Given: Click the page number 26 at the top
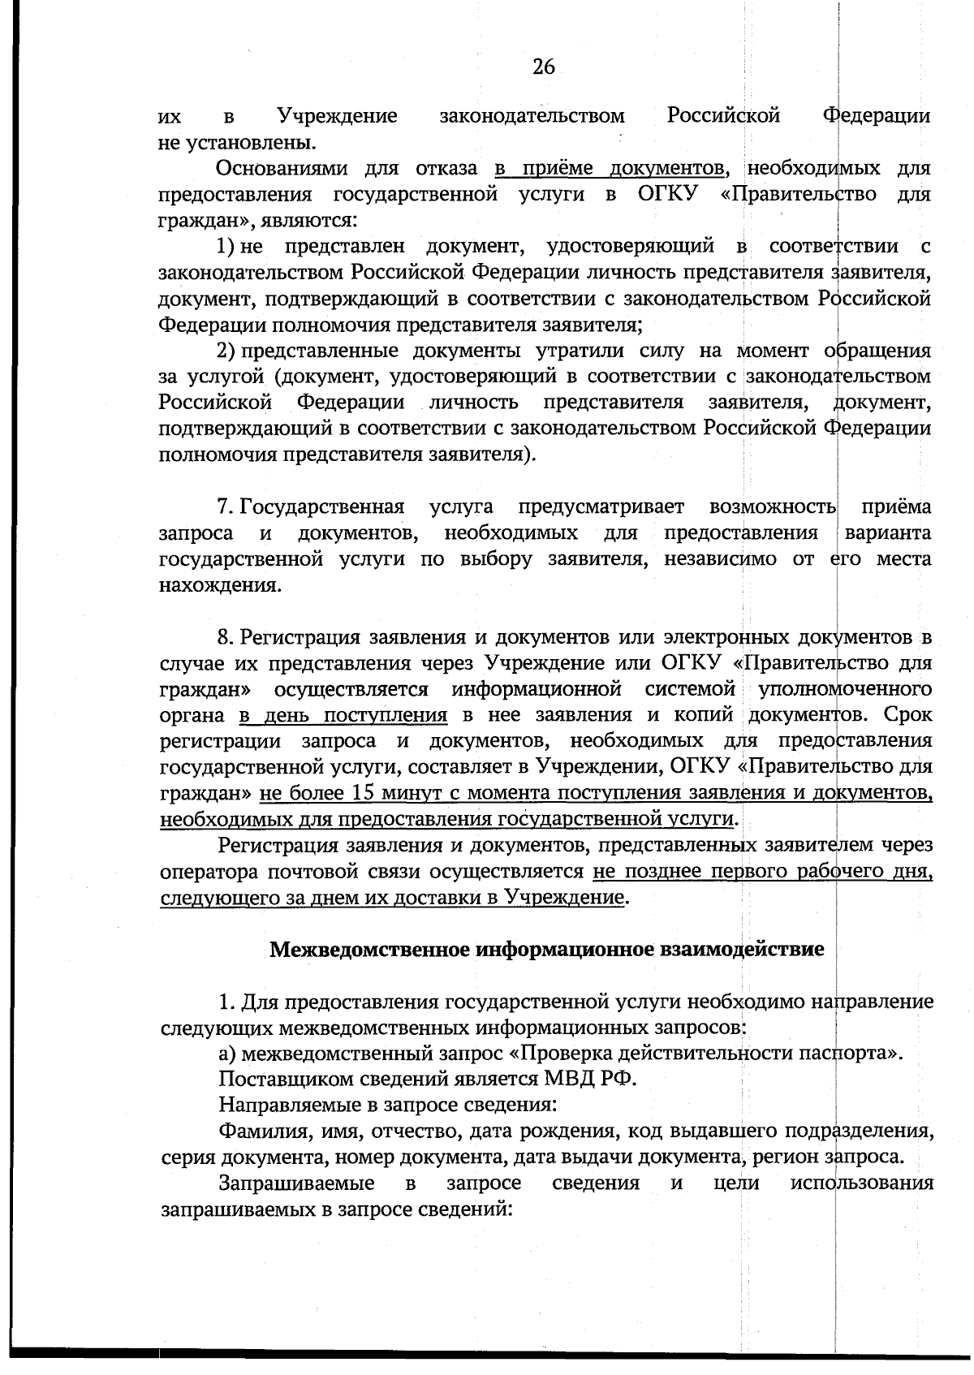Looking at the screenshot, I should (x=544, y=68).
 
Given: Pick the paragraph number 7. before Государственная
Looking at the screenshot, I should (x=226, y=507).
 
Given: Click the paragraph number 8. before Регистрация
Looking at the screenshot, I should (x=226, y=636).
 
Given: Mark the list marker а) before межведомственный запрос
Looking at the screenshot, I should (x=227, y=1054).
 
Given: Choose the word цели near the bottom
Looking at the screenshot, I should (x=736, y=1183).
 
